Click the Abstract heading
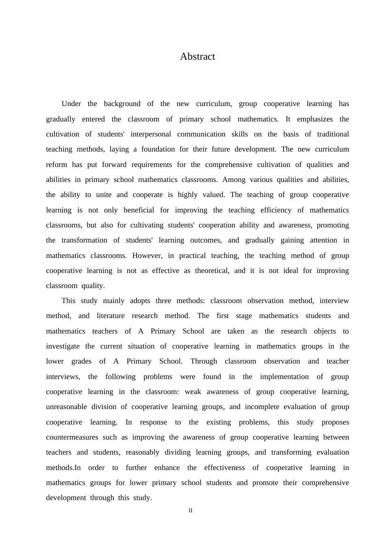tap(197, 56)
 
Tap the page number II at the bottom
tap(190, 511)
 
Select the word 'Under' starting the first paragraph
tap(71, 104)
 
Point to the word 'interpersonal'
tap(151, 134)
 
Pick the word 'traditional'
tap(333, 134)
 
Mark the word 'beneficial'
tap(139, 210)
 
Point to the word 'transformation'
tap(85, 240)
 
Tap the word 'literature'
tap(111, 316)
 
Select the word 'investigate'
tap(63, 346)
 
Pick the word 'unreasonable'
tap(67, 407)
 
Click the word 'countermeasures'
tap(72, 437)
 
